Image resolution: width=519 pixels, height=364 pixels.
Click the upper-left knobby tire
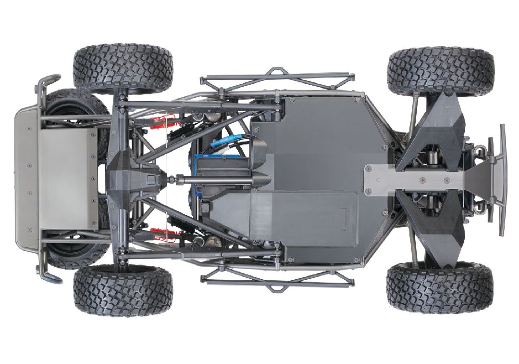(123, 68)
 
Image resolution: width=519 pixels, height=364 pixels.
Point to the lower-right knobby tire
(440, 288)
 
